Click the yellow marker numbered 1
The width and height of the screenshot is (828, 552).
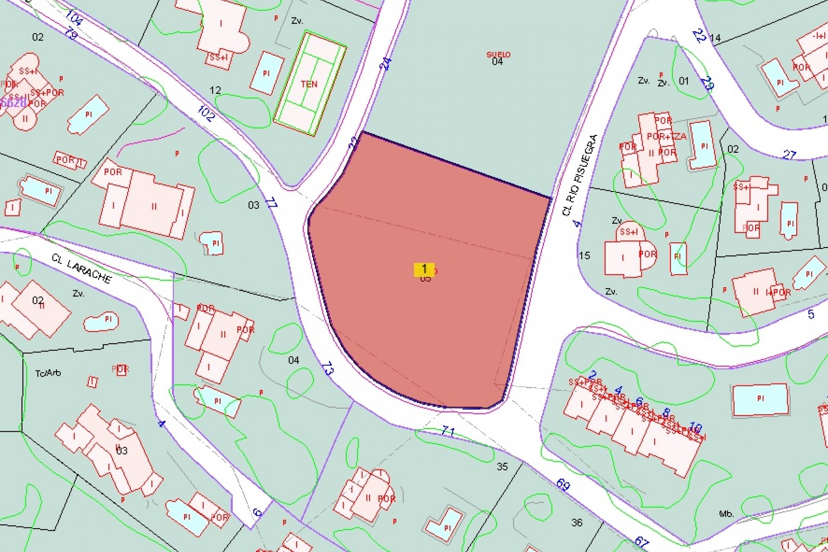click(x=424, y=269)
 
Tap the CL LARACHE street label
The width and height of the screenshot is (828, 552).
click(x=82, y=269)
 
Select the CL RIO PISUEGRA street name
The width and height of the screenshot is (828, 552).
click(x=580, y=175)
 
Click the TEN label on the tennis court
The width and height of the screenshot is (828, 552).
click(x=309, y=84)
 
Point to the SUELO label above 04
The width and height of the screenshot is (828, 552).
click(x=498, y=55)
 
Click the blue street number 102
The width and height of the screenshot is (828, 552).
click(x=206, y=113)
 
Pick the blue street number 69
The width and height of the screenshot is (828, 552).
click(x=563, y=485)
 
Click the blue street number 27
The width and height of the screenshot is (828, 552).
click(x=789, y=154)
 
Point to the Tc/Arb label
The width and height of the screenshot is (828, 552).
click(x=48, y=373)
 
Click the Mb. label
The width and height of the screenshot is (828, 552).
click(x=726, y=514)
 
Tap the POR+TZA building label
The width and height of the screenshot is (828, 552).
click(x=666, y=137)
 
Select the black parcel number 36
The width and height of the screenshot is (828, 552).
click(x=577, y=523)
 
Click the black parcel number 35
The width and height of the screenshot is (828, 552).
click(x=502, y=466)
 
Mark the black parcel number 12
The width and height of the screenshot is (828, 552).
click(x=215, y=90)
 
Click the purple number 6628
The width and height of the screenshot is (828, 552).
click(x=13, y=103)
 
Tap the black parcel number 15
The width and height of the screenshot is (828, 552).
click(x=584, y=255)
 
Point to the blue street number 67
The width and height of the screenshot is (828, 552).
click(x=642, y=542)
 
